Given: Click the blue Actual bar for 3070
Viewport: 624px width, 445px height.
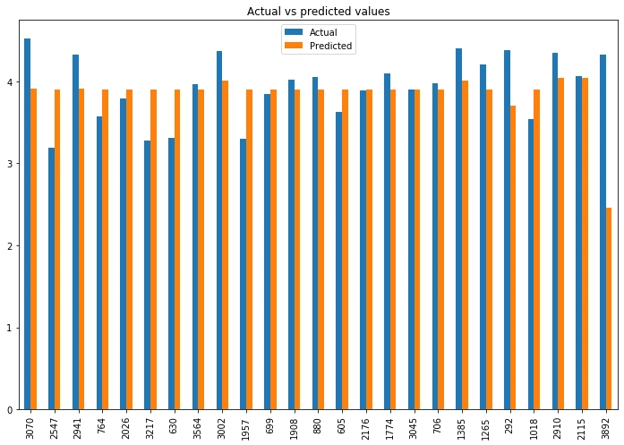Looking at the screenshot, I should click(x=28, y=224).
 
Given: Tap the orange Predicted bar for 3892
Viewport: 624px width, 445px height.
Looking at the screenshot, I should click(x=609, y=308).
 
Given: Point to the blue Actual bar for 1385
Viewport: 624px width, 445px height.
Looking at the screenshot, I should click(x=459, y=228).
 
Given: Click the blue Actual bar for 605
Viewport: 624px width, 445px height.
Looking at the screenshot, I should click(x=339, y=261).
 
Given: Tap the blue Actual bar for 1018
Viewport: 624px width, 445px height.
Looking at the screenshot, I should click(x=531, y=264).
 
